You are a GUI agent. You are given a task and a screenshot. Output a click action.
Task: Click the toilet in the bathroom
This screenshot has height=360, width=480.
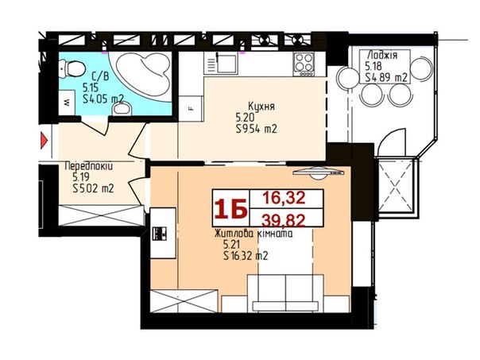tap(72, 68)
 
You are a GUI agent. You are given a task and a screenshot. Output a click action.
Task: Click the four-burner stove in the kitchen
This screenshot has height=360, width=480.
tap(304, 64)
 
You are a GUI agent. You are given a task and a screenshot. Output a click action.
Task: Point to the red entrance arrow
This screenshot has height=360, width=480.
tap(45, 141)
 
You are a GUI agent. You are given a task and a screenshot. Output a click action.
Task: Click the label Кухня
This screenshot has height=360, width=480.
tap(261, 106)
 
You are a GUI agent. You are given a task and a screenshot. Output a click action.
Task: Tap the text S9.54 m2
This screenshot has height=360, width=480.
tap(257, 130)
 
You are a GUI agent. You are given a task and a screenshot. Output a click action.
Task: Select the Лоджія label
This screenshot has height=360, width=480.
tap(382, 55)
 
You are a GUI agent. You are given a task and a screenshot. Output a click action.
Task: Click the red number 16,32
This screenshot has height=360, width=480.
tap(285, 198)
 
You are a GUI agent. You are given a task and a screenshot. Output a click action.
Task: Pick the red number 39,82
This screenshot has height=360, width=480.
tap(284, 220)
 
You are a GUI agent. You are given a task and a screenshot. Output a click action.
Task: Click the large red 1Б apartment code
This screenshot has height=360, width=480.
tap(231, 209)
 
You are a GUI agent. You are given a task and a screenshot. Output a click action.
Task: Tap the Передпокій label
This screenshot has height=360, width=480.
tap(89, 167)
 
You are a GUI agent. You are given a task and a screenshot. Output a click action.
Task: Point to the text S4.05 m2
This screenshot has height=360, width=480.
tap(103, 99)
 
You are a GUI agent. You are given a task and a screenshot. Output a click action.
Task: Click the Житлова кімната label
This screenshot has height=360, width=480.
tap(254, 234)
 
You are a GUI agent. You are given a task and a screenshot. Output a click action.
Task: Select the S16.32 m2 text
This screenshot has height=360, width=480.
tap(246, 256)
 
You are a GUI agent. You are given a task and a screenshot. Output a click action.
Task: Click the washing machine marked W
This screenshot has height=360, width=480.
tap(68, 103)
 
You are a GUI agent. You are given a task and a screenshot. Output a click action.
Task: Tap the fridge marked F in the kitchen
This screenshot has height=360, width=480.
tap(191, 109)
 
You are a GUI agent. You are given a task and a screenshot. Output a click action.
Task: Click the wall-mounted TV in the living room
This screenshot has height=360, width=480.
tap(319, 173)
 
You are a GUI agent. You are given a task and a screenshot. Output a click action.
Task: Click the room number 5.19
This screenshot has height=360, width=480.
tap(81, 177)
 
